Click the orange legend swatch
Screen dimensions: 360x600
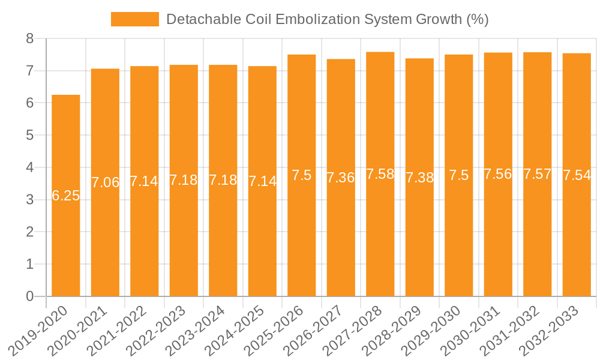[x=135, y=19]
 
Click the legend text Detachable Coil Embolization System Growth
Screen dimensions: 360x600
[x=327, y=19]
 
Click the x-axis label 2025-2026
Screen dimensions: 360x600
[x=278, y=330]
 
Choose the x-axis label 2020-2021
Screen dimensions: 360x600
[x=82, y=330]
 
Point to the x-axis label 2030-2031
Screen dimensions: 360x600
[x=475, y=330]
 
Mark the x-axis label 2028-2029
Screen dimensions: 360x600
[x=397, y=330]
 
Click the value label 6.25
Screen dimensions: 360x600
[x=66, y=196]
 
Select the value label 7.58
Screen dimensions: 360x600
[x=380, y=175]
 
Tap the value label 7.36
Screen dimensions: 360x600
[x=341, y=178]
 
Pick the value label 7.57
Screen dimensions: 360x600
[x=538, y=175]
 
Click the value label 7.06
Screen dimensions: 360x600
[x=106, y=182]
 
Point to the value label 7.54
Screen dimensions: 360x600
[x=577, y=175]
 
